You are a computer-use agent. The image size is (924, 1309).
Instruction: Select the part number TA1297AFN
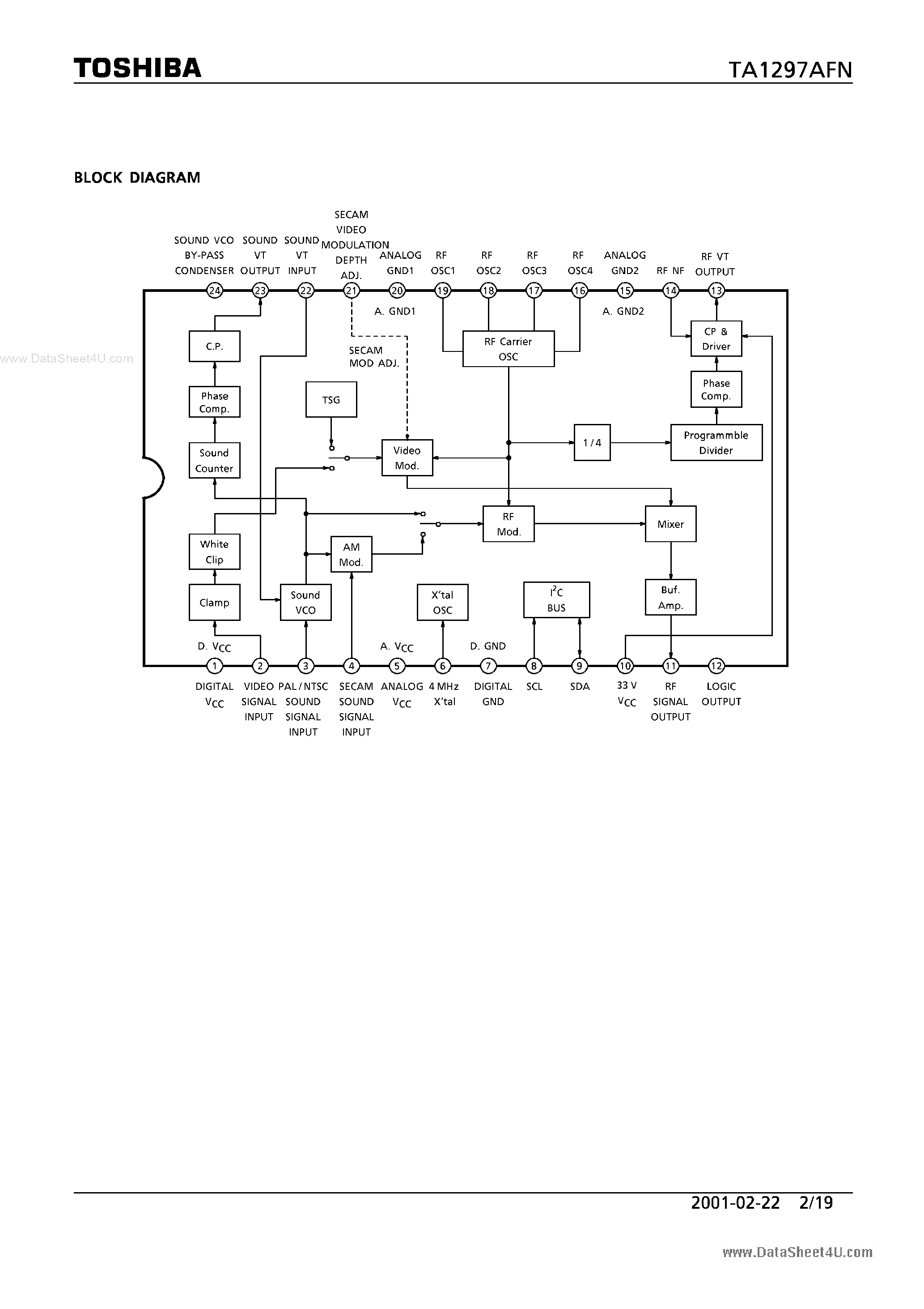790,70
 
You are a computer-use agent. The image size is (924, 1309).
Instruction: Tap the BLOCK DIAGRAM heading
137,178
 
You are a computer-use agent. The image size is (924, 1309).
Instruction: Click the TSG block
331,400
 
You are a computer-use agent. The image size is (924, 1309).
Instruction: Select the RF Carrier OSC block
508,349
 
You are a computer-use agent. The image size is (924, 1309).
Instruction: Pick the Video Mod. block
407,458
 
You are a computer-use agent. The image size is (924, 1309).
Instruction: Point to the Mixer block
670,524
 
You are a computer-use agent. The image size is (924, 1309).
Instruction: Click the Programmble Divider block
716,442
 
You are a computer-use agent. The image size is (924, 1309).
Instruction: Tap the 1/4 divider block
592,442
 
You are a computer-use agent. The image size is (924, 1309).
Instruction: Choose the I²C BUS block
556,600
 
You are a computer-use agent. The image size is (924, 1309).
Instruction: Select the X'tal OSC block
443,603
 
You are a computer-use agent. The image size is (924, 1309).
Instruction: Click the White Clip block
214,552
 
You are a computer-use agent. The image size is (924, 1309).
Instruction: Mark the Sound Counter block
214,461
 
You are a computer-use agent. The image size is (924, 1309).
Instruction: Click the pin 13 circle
716,291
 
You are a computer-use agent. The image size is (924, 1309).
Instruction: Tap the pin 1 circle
214,665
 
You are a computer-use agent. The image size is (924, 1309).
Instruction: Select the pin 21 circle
352,291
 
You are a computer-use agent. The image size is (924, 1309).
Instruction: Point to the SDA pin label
580,686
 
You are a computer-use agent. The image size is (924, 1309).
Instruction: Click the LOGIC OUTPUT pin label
721,694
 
